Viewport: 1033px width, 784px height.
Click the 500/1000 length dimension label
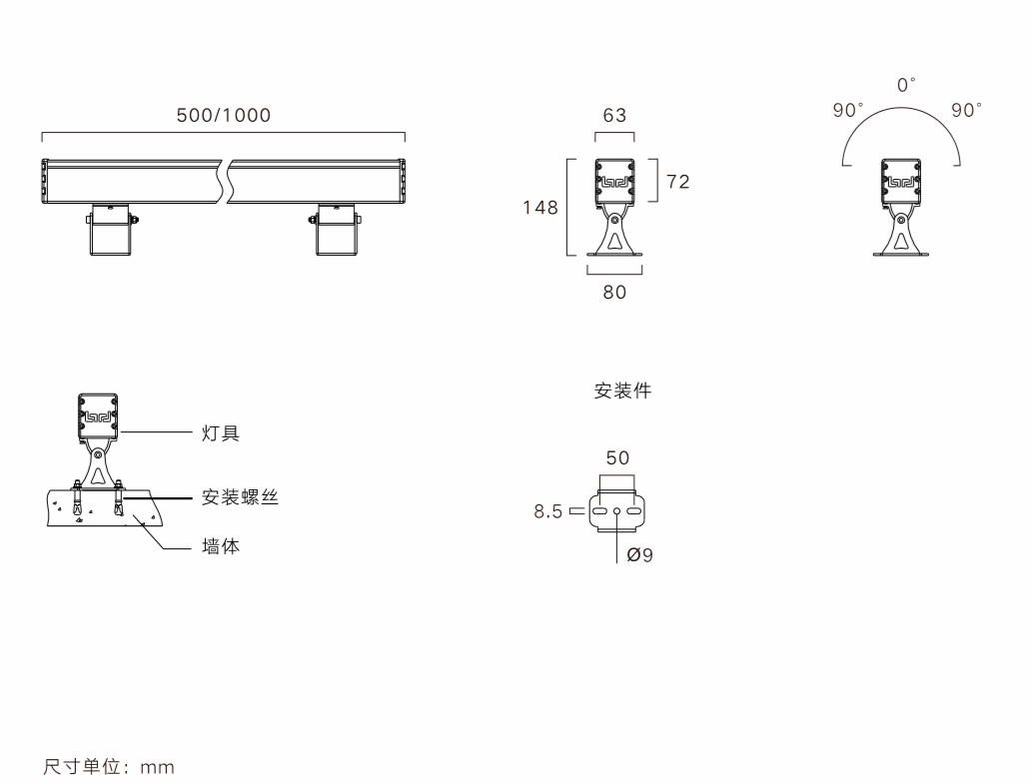coord(223,115)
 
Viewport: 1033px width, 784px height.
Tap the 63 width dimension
coord(614,115)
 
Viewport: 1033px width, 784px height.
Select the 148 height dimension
coord(540,209)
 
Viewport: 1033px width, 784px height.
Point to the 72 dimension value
coord(678,182)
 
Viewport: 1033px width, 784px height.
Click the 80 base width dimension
coord(614,294)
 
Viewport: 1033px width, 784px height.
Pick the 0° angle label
coord(906,86)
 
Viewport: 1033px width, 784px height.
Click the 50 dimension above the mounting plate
coord(617,458)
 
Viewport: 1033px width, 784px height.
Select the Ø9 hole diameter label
coord(639,555)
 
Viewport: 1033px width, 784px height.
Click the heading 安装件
coord(622,392)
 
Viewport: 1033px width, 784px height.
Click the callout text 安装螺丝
coord(239,497)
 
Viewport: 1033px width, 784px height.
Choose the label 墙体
coord(221,548)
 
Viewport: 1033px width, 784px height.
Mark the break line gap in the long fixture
coord(226,182)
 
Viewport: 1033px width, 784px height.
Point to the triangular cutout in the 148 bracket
coord(614,241)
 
